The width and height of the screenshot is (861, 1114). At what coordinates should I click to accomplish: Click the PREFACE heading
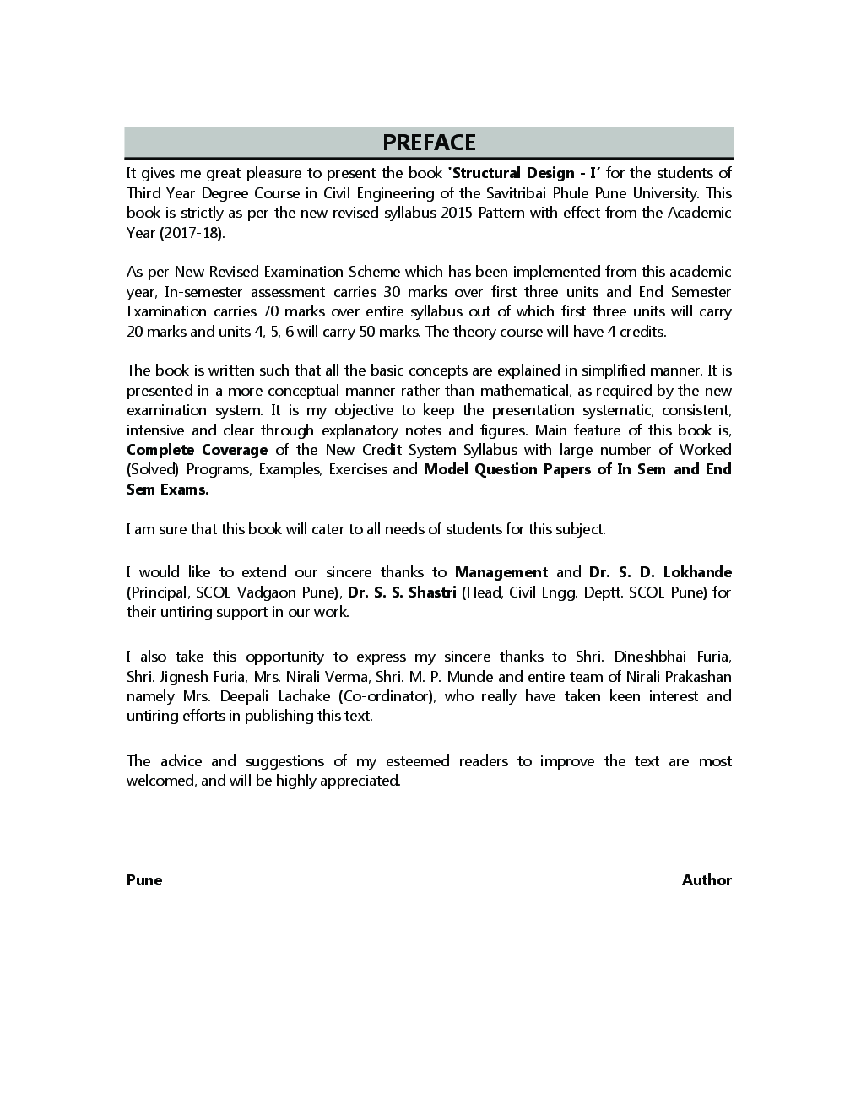(x=429, y=143)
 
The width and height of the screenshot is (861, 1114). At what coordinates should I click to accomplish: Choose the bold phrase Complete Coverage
(x=197, y=450)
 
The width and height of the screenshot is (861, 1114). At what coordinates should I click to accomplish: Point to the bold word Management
(x=501, y=572)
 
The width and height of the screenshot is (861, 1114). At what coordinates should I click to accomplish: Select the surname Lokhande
(x=697, y=572)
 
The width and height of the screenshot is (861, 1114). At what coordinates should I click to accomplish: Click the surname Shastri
(x=432, y=592)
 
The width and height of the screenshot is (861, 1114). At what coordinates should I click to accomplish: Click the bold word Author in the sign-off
(x=707, y=880)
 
